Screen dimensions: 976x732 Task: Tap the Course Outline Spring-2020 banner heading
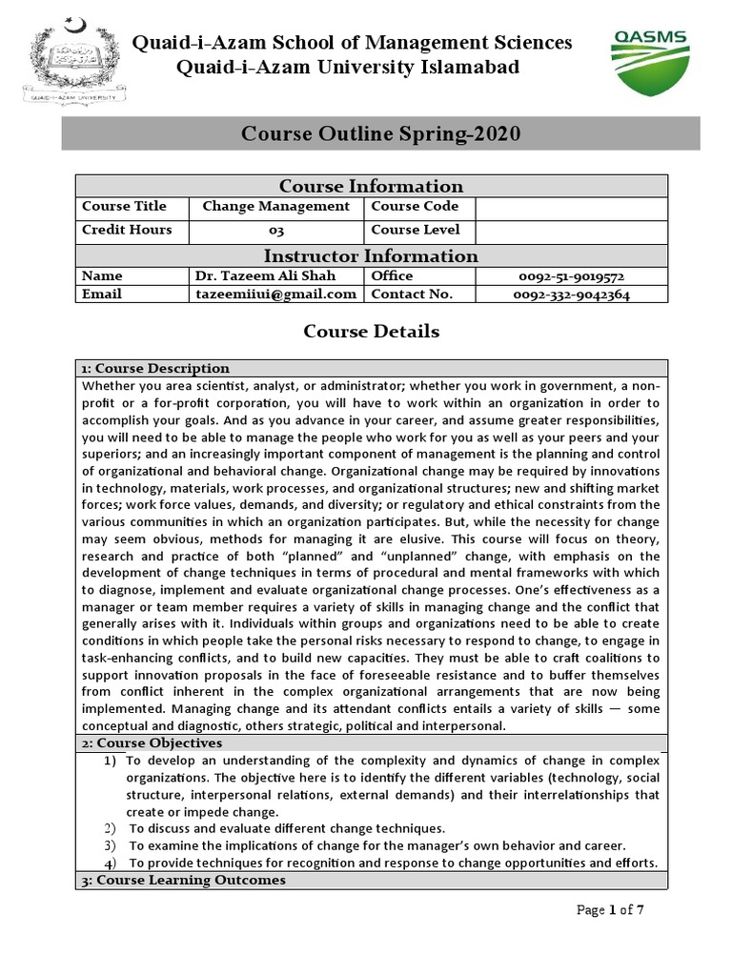click(379, 134)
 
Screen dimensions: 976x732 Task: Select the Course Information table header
click(371, 186)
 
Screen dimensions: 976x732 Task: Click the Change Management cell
click(275, 207)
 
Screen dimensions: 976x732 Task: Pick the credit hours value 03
click(275, 231)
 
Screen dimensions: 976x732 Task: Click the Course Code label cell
click(415, 207)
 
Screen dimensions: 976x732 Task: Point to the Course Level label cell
click(415, 231)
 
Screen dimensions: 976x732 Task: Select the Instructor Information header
click(371, 255)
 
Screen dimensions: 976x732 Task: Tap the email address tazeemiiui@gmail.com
click(275, 295)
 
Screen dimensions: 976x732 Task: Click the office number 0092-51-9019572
click(571, 275)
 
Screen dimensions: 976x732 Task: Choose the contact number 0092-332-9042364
click(571, 295)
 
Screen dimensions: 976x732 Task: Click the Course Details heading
click(371, 332)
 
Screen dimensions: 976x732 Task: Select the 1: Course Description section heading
click(155, 369)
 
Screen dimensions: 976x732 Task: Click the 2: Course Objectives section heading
click(152, 742)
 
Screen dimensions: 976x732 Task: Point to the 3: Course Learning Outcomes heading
click(183, 880)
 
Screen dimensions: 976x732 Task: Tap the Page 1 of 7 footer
click(611, 910)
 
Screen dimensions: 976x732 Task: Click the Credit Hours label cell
click(127, 231)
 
